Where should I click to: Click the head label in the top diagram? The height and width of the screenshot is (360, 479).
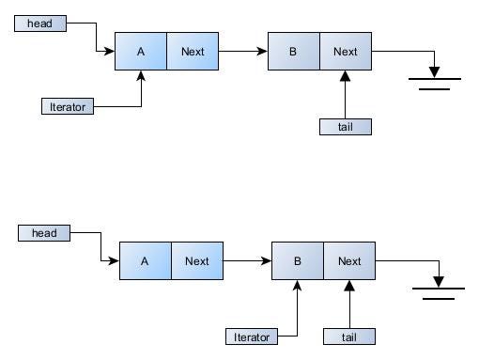40,22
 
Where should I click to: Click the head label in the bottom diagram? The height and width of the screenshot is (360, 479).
44,233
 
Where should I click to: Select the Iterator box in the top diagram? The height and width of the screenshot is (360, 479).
68,106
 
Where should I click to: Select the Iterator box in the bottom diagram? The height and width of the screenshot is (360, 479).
251,337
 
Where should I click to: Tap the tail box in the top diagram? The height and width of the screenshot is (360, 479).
345,127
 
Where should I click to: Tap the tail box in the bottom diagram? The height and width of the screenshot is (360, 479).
348,337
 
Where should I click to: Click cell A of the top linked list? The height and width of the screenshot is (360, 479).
141,52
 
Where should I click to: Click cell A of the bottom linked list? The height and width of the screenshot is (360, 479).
145,261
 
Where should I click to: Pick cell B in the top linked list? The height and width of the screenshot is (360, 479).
293,52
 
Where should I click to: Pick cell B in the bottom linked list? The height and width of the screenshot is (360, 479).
297,261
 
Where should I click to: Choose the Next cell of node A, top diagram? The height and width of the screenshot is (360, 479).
193,52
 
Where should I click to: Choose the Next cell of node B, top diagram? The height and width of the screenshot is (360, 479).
345,52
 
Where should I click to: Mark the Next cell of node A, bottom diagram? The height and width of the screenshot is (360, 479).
196,261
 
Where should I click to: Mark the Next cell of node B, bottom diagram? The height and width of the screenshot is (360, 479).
348,261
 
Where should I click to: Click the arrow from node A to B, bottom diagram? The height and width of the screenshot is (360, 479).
246,261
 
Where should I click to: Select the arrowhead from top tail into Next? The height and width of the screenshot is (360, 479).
345,77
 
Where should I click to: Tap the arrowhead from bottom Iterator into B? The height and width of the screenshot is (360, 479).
297,287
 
